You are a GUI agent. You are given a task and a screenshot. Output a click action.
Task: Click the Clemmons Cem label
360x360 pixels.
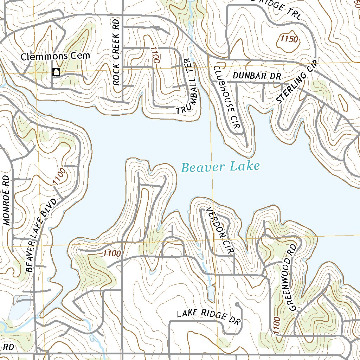coord(55,56)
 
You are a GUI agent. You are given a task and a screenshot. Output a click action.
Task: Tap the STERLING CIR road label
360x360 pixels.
coord(297,82)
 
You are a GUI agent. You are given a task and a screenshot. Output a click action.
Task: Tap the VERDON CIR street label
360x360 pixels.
coord(220,230)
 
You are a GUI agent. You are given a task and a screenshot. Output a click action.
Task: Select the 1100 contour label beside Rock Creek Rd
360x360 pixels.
coord(155,55)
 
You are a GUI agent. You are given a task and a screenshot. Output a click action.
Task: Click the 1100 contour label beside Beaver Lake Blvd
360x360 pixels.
coord(59,176)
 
